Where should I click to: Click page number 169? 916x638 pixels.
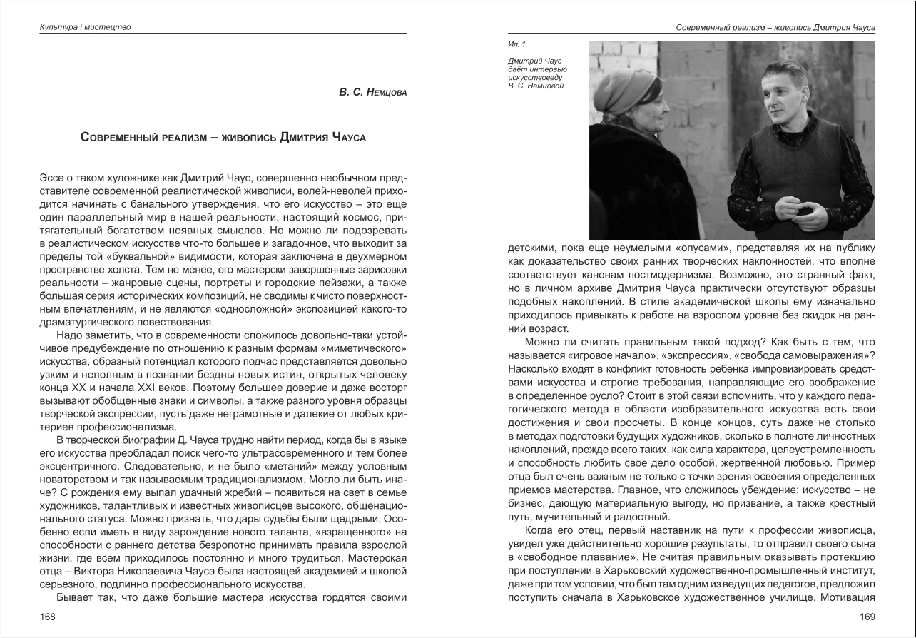coord(867,617)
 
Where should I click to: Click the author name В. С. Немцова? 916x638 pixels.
coord(372,93)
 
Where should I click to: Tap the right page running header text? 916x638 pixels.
coord(775,27)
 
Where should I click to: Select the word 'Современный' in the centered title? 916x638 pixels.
coord(121,137)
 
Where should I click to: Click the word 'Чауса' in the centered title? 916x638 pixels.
coord(349,137)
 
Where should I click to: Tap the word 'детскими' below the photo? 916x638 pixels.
coord(529,248)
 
